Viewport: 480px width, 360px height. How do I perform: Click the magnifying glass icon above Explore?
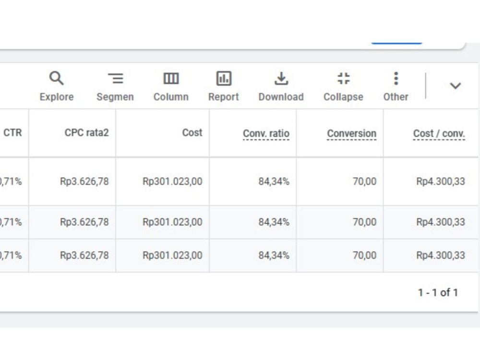[56, 78]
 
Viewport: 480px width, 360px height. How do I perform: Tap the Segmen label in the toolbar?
[115, 97]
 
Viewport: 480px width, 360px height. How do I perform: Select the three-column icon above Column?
[171, 79]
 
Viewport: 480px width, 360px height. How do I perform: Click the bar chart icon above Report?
[224, 78]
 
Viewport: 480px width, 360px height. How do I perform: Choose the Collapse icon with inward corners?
[344, 78]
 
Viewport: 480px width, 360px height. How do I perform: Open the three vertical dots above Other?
[396, 78]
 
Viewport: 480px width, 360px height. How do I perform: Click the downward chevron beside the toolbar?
[455, 86]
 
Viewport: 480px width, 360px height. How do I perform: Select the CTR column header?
[12, 132]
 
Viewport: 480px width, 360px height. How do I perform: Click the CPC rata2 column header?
[86, 132]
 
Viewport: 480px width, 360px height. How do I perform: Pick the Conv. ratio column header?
[266, 133]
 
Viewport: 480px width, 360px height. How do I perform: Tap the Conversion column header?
[352, 133]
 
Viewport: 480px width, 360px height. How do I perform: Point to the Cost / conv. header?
[439, 133]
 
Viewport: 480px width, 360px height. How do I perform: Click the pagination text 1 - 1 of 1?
[438, 293]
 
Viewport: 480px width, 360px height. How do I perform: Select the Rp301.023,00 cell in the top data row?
[172, 181]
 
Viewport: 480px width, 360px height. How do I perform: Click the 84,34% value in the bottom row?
[274, 255]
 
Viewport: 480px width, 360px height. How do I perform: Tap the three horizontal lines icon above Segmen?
[115, 78]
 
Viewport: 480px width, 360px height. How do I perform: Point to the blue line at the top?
[397, 43]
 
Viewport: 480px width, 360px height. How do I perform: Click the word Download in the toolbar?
[281, 97]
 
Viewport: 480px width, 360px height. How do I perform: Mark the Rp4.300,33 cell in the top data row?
[441, 181]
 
